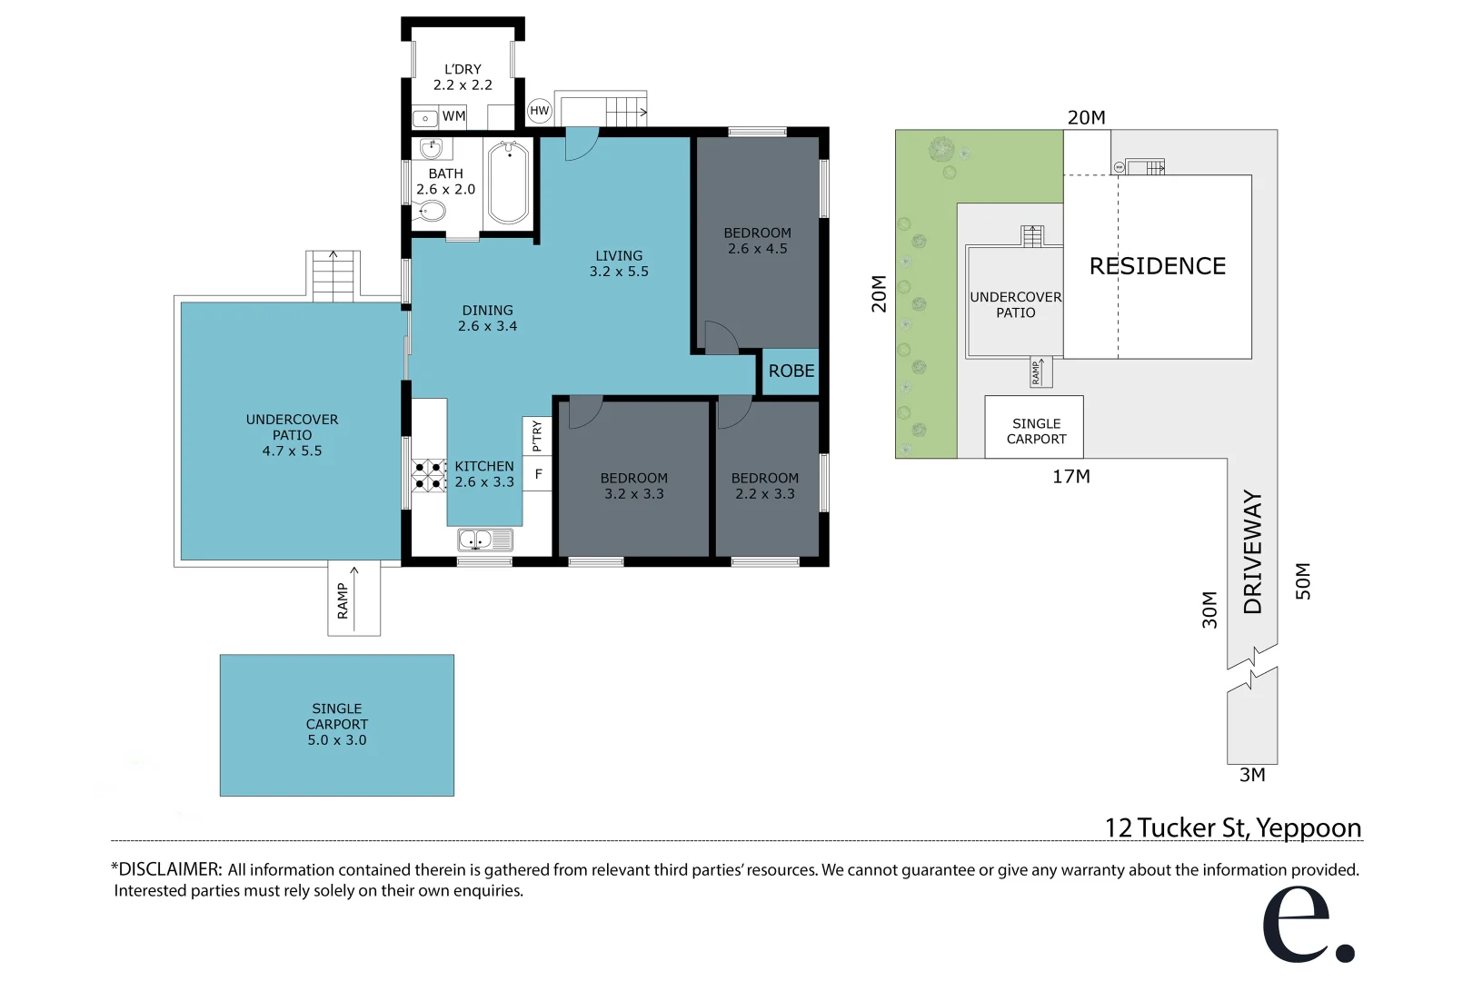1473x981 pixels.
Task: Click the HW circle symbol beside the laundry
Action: pyautogui.click(x=540, y=111)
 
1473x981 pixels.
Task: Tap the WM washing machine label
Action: pyautogui.click(x=453, y=116)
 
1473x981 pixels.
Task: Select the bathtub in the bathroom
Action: pyautogui.click(x=509, y=183)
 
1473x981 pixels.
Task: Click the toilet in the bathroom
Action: pyautogui.click(x=431, y=212)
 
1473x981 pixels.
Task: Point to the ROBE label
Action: pyautogui.click(x=791, y=371)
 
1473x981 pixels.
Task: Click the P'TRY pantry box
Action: pyautogui.click(x=537, y=436)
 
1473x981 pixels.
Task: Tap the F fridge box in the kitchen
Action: pyautogui.click(x=538, y=473)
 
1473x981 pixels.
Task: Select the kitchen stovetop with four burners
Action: pyautogui.click(x=428, y=475)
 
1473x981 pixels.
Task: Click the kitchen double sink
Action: pyautogui.click(x=484, y=540)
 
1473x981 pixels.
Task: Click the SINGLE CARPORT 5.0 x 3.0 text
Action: pyautogui.click(x=337, y=724)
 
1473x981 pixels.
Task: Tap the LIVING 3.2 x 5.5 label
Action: pyautogui.click(x=619, y=263)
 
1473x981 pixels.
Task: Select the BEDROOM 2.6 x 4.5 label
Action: pyautogui.click(x=757, y=241)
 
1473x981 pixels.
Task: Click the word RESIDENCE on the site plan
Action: pyautogui.click(x=1157, y=266)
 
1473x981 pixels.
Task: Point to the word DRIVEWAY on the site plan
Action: pyautogui.click(x=1253, y=552)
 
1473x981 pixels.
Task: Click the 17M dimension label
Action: pyautogui.click(x=1071, y=477)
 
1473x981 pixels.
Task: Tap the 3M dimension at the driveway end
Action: pyautogui.click(x=1252, y=775)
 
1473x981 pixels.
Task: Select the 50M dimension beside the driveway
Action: pyautogui.click(x=1303, y=580)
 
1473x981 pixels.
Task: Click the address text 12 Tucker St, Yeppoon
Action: pyautogui.click(x=1232, y=827)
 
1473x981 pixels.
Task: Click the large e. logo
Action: pyautogui.click(x=1306, y=924)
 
